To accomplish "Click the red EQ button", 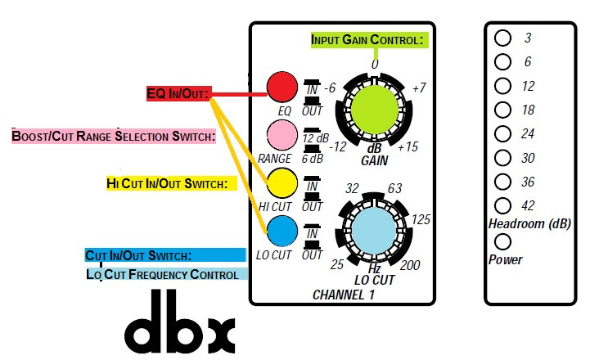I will (x=281, y=86).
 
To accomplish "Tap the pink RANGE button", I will (x=281, y=133).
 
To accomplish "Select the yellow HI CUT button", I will (x=281, y=181).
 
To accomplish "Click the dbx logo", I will (x=180, y=328).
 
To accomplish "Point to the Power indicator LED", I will (x=503, y=242).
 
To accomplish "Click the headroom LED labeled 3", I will (x=503, y=38).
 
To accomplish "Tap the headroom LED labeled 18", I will (x=503, y=109).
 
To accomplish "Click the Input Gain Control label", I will (x=367, y=39).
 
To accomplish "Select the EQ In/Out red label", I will (x=178, y=94).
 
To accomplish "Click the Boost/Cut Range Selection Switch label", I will (x=113, y=136).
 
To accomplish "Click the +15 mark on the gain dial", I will (x=409, y=147).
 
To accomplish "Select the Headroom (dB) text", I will (x=529, y=223).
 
